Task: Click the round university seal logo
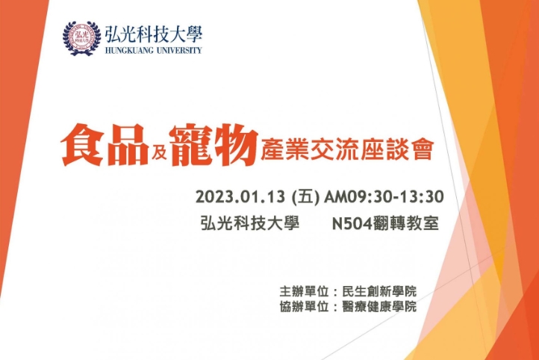click(x=82, y=38)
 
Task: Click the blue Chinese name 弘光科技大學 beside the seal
click(x=154, y=34)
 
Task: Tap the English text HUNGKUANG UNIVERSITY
click(x=153, y=50)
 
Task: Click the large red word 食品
click(x=105, y=144)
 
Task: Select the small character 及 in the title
click(x=159, y=151)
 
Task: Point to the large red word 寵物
click(x=214, y=144)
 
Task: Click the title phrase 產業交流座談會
click(x=346, y=149)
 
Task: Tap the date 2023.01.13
click(x=240, y=197)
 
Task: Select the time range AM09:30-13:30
click(x=384, y=197)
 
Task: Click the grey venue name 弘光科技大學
click(x=250, y=223)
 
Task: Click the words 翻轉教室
click(x=405, y=223)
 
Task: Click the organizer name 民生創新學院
click(x=379, y=291)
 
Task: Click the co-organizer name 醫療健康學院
click(x=379, y=306)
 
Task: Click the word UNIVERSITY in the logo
click(x=179, y=50)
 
